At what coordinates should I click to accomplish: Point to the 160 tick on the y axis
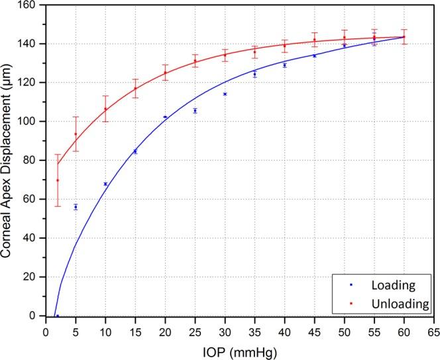29,5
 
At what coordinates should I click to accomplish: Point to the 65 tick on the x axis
434,326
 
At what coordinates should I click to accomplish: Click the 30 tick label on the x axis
225,326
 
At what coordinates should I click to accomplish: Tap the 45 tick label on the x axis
314,326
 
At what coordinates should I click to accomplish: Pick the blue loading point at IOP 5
76,207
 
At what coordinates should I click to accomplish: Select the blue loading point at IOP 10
105,184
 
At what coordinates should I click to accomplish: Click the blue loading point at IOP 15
135,152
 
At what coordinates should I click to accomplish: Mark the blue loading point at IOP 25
195,111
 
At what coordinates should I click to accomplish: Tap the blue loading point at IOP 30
225,94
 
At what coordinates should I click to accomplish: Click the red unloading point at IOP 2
58,180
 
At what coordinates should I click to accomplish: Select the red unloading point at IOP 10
105,109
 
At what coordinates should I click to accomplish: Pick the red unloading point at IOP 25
195,61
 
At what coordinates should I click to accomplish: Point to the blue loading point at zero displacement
58,316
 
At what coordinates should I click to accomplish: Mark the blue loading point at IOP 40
284,65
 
